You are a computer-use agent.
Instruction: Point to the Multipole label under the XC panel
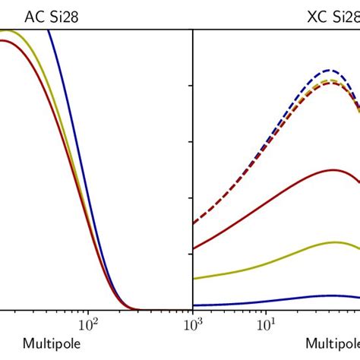(x=333, y=343)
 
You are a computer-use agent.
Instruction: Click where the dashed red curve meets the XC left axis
(x=194, y=223)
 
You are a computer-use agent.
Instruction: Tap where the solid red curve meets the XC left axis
(x=194, y=248)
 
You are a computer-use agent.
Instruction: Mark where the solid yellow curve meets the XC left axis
(x=194, y=279)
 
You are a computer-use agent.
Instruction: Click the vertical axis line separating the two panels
(x=193, y=190)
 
